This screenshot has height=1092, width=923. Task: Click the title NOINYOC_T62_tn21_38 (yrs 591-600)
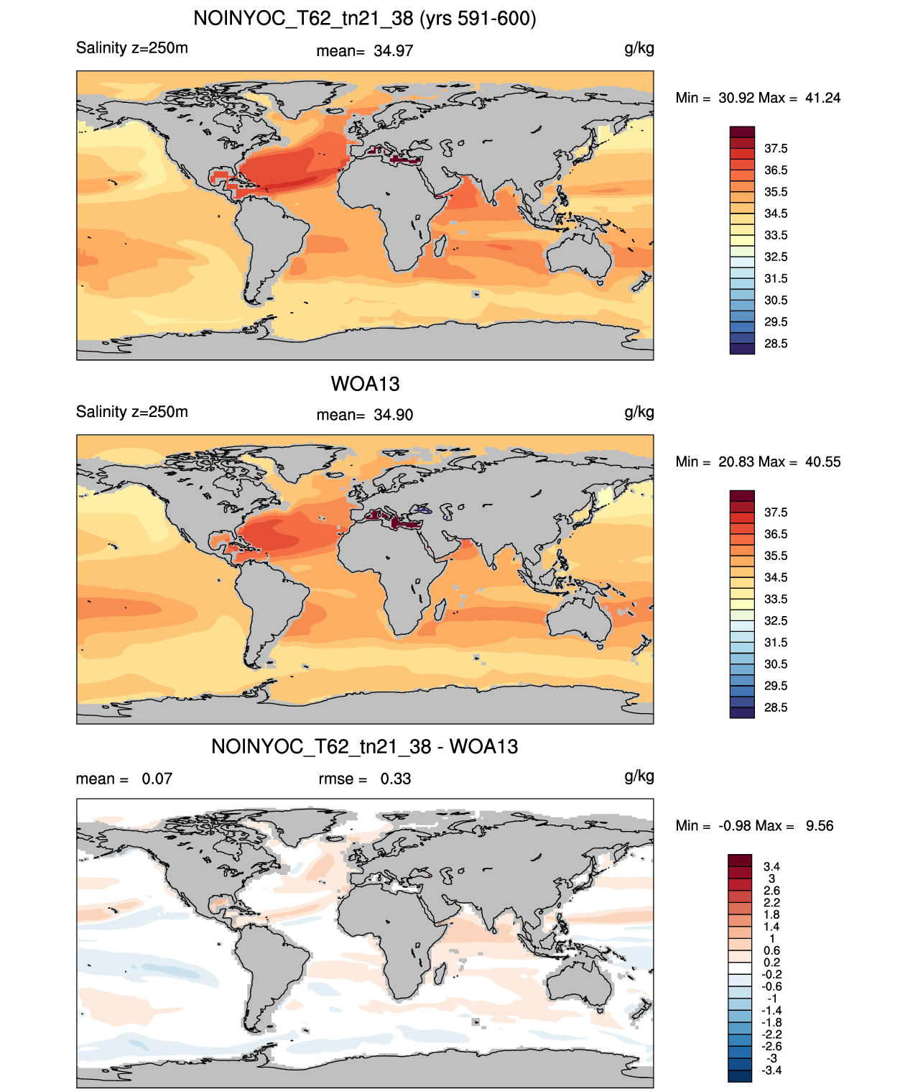click(365, 19)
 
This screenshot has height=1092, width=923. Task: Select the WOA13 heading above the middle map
click(365, 384)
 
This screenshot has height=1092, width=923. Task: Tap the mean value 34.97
click(393, 51)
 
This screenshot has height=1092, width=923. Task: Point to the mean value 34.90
click(393, 416)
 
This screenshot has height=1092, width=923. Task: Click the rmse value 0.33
click(395, 779)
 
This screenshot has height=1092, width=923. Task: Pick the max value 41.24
click(822, 98)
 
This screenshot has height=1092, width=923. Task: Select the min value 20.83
click(736, 462)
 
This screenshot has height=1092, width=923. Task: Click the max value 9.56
click(819, 826)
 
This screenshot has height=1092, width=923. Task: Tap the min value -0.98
click(735, 826)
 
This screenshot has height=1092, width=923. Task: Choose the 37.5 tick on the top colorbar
click(776, 149)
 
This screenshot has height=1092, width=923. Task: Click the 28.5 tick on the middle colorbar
click(776, 708)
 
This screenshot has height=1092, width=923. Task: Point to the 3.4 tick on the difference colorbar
click(771, 866)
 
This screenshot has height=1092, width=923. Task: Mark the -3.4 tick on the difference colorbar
click(771, 1071)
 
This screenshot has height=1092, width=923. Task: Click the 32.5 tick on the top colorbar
click(776, 257)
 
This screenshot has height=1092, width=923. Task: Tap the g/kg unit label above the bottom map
click(639, 776)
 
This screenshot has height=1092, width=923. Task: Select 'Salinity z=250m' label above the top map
click(132, 48)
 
